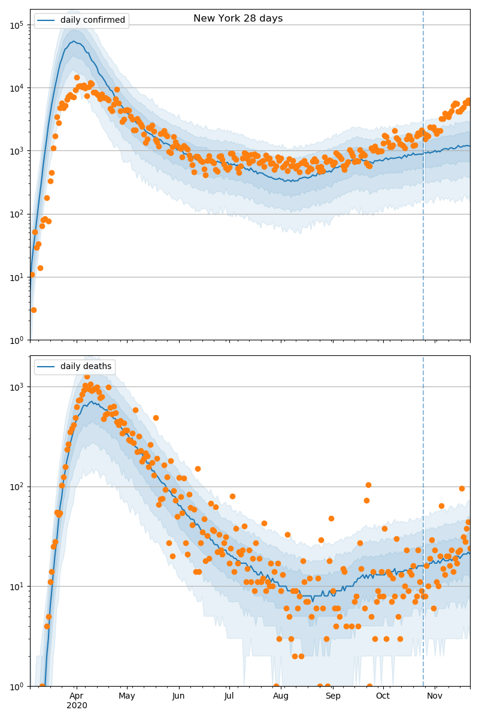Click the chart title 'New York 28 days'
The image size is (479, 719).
point(238,19)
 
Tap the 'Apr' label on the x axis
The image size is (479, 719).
point(76,696)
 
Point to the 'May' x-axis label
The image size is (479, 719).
point(127,696)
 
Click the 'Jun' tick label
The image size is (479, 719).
point(178,696)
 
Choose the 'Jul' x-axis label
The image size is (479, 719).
point(229,696)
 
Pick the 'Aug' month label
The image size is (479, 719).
point(281,696)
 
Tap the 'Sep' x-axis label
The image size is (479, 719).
point(333,696)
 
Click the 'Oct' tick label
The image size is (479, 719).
point(383,696)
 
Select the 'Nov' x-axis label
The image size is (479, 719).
point(435,696)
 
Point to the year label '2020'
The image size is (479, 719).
point(77,706)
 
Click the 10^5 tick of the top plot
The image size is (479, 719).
point(16,25)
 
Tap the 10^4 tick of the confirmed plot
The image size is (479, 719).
point(16,88)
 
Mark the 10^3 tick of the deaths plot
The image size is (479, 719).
point(16,387)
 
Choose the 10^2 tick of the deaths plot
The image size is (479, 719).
point(16,487)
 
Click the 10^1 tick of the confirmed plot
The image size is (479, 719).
point(16,277)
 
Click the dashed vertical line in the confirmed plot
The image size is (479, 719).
point(423,180)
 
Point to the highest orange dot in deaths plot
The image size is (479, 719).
point(87,377)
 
